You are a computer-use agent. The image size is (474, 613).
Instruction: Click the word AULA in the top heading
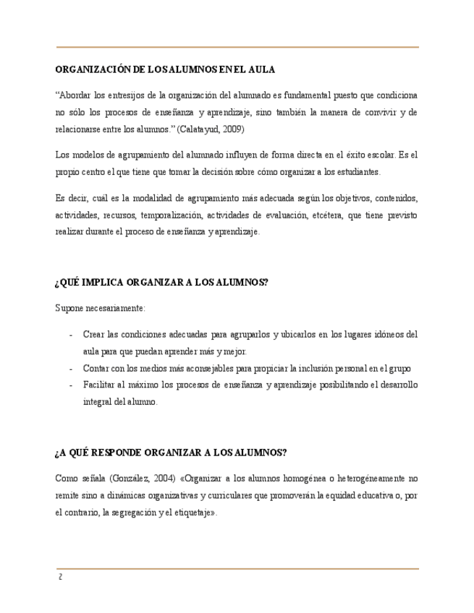(261, 69)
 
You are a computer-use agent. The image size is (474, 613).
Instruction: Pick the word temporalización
(170, 215)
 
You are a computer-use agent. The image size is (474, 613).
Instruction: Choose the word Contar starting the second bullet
(96, 368)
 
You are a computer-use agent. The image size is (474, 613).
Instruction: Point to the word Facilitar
(99, 385)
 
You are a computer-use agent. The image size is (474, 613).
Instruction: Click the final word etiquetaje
(192, 512)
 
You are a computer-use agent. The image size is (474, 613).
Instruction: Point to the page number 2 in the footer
(60, 578)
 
